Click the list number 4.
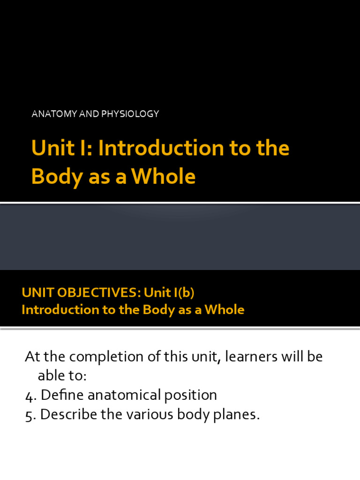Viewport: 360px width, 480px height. click(x=30, y=395)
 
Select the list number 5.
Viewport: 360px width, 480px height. click(x=30, y=415)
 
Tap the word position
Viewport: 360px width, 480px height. click(x=190, y=395)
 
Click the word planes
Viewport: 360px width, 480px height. click(x=236, y=415)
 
